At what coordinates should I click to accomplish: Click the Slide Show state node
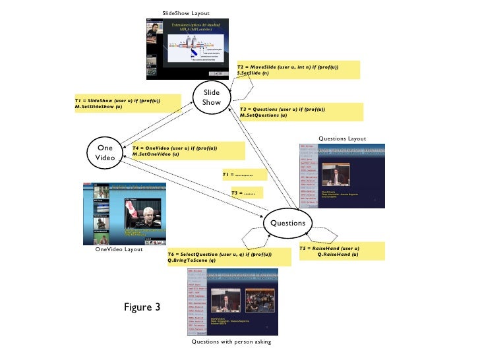point(212,98)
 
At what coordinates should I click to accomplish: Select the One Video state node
point(105,153)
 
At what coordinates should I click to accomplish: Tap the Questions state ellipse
point(287,223)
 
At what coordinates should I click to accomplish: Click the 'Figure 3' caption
point(142,307)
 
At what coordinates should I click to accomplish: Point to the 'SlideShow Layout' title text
point(186,13)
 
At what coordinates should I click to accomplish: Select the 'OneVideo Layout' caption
point(119,249)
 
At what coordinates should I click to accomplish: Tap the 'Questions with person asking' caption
point(231,342)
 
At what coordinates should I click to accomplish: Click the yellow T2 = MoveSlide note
point(299,70)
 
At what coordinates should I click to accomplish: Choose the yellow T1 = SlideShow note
point(128,103)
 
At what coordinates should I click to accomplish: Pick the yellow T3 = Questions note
point(301,111)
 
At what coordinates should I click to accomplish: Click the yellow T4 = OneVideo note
point(188,151)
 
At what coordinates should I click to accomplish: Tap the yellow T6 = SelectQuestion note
point(228,257)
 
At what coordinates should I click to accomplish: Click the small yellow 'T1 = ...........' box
point(244,175)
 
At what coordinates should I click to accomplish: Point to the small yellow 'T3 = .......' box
point(246,193)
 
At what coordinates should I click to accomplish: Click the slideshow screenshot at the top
point(187,50)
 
